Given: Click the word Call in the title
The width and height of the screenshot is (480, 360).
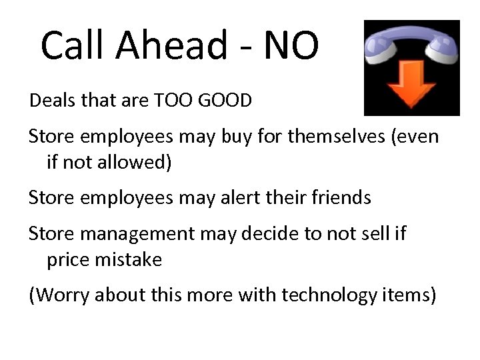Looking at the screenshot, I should pyautogui.click(x=74, y=45).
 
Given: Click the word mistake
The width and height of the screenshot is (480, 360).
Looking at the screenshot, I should pyautogui.click(x=128, y=260).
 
